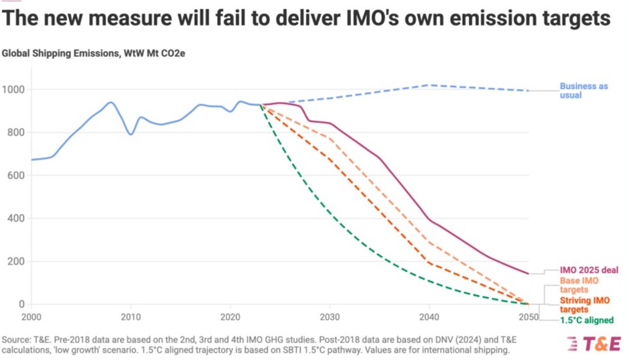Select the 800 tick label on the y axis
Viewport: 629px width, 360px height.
click(16, 133)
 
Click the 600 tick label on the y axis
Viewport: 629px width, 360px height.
click(16, 176)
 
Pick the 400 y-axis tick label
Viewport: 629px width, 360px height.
click(16, 219)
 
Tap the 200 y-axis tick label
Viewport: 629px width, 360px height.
click(16, 261)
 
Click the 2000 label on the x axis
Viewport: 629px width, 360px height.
click(31, 316)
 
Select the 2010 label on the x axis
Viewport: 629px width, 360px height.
click(131, 316)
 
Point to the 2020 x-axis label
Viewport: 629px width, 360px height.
click(230, 316)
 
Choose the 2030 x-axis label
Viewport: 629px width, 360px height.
click(330, 316)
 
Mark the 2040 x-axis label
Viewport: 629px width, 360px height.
click(429, 316)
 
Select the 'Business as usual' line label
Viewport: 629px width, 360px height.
click(584, 91)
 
